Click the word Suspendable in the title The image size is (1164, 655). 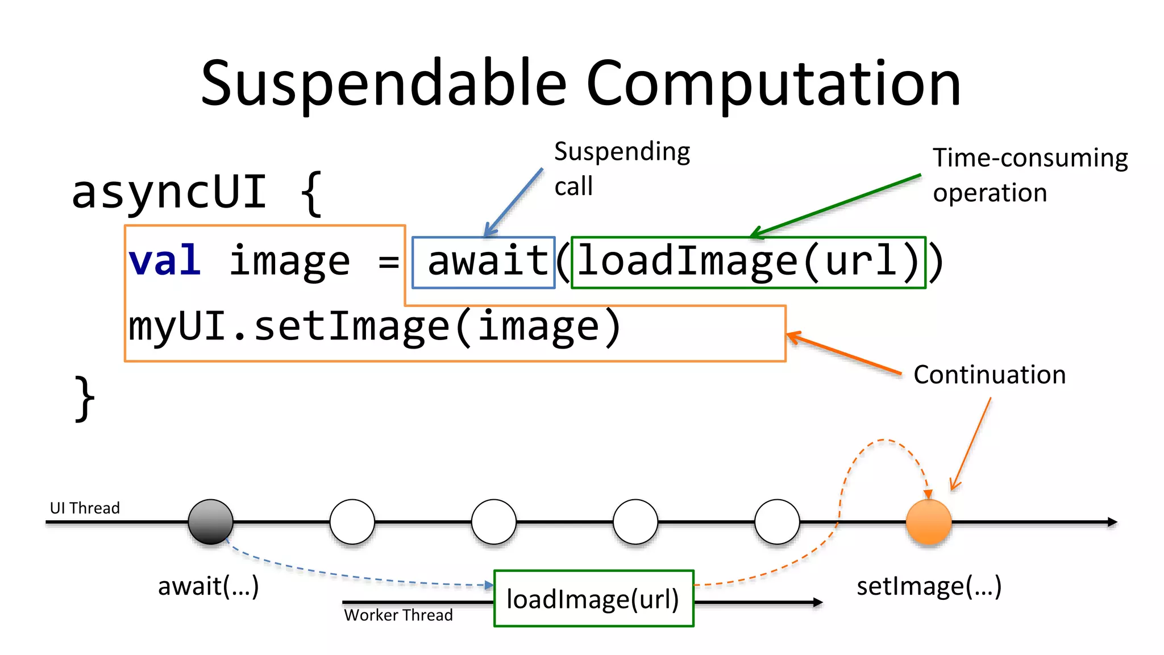(384, 84)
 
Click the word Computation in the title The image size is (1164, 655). (773, 84)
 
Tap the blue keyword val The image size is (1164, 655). (165, 261)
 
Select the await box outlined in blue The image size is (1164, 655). (484, 262)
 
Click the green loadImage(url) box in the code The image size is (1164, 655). (748, 262)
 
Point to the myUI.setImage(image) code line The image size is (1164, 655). (375, 327)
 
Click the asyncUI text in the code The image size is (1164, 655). (169, 192)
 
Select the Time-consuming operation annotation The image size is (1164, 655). (1029, 175)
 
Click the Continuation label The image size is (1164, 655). (989, 375)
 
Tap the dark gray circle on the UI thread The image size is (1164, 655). (211, 522)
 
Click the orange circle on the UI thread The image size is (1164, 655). (928, 522)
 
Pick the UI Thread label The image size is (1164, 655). (85, 508)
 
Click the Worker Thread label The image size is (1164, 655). (398, 615)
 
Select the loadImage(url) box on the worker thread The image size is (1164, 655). (593, 599)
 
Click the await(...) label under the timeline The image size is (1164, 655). (208, 586)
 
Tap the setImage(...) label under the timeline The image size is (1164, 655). (929, 586)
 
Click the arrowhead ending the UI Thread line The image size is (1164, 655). (1112, 522)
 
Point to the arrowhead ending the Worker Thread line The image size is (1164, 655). (818, 602)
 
